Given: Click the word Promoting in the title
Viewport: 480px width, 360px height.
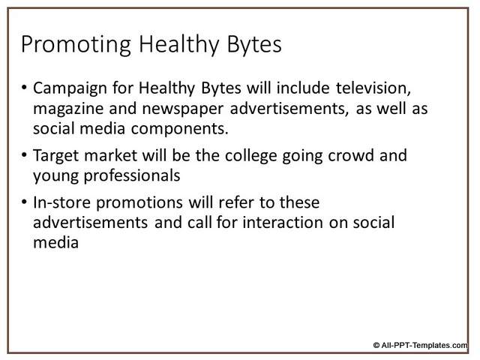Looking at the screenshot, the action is pos(76,45).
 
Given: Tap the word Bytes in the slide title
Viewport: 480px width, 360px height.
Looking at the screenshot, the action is pos(254,45).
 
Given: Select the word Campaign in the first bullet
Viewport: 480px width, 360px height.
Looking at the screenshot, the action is pos(70,88).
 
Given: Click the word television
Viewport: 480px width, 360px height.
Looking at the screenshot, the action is pos(373,88).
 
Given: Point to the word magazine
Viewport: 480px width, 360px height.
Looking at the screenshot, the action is pos(68,109).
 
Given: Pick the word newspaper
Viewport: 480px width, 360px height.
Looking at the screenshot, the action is pos(183,109).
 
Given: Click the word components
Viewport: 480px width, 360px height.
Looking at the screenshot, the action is pos(180,129).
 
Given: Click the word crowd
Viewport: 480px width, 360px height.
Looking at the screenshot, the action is pos(351,155).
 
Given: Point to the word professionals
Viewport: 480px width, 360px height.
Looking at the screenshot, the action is pos(132,176).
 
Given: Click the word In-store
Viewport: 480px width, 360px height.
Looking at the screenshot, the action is pos(61,202).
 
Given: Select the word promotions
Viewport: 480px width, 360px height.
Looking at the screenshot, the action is pos(139,203).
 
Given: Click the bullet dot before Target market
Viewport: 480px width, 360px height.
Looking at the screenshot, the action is pos(24,155).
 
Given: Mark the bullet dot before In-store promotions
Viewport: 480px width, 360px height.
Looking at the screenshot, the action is pos(24,202).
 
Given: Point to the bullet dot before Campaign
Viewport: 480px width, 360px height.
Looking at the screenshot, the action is pos(24,88).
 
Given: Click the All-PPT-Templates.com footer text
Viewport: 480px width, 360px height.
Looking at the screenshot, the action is pos(424,345).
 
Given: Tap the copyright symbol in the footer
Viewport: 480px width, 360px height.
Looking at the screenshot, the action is pos(376,345).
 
